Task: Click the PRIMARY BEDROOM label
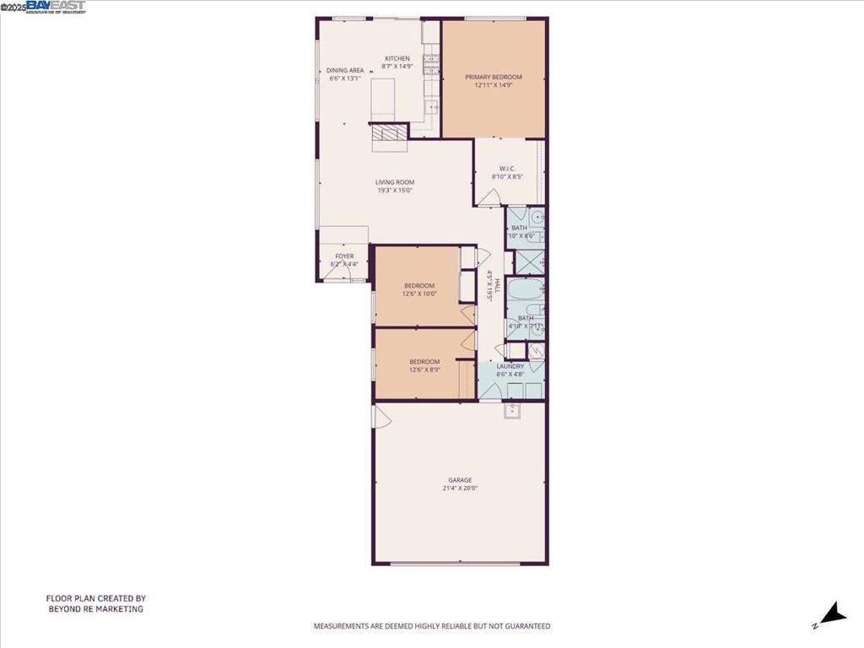click(x=494, y=77)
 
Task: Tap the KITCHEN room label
click(x=397, y=58)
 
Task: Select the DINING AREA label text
click(x=345, y=71)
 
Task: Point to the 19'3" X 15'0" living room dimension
click(x=395, y=190)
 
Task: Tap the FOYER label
click(x=344, y=256)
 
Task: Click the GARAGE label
click(x=460, y=480)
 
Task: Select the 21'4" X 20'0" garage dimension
click(x=460, y=489)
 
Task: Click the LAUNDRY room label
click(x=510, y=366)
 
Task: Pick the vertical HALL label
click(x=497, y=285)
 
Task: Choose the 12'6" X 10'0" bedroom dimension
click(x=419, y=294)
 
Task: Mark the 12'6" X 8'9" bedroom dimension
click(x=424, y=370)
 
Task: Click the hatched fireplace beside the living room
click(x=389, y=133)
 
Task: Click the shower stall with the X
click(x=530, y=262)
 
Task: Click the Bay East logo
click(x=56, y=7)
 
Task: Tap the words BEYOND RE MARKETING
click(x=95, y=608)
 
